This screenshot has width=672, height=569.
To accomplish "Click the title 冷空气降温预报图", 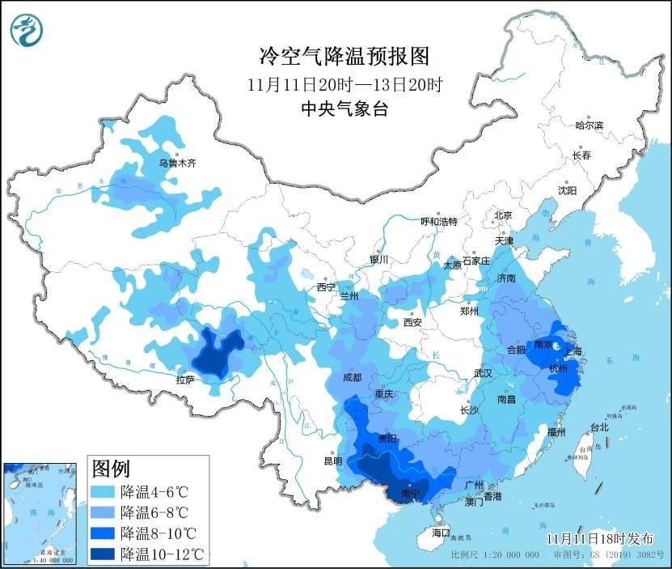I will click(x=343, y=56).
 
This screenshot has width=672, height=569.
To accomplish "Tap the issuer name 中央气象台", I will click(x=343, y=109).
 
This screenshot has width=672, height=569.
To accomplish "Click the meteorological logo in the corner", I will click(x=27, y=30).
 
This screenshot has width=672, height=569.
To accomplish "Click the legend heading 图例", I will click(x=111, y=469).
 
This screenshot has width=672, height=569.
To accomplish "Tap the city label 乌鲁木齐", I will click(x=176, y=163).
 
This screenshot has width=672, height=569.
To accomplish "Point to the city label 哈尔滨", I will click(x=589, y=125).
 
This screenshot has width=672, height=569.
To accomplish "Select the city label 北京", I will click(x=503, y=215).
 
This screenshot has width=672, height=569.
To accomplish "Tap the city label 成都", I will click(x=352, y=377).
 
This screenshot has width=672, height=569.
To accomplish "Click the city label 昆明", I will click(x=333, y=461).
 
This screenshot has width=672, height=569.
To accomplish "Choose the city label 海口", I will click(x=440, y=533).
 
